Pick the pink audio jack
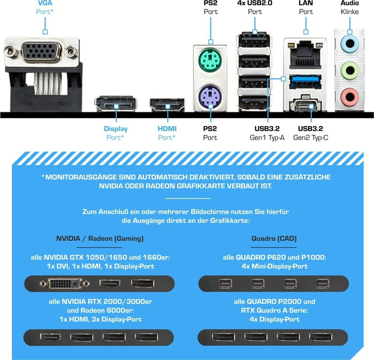point(349,97)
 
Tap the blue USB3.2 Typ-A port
point(305,81)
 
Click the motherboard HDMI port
point(167,105)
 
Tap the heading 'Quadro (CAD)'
point(274,239)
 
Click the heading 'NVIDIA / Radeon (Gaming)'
point(100,239)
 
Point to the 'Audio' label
point(350,3)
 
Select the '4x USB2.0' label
point(255,3)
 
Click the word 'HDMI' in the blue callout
point(167,129)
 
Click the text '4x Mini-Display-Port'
point(275,266)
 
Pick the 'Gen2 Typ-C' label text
point(310,138)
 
